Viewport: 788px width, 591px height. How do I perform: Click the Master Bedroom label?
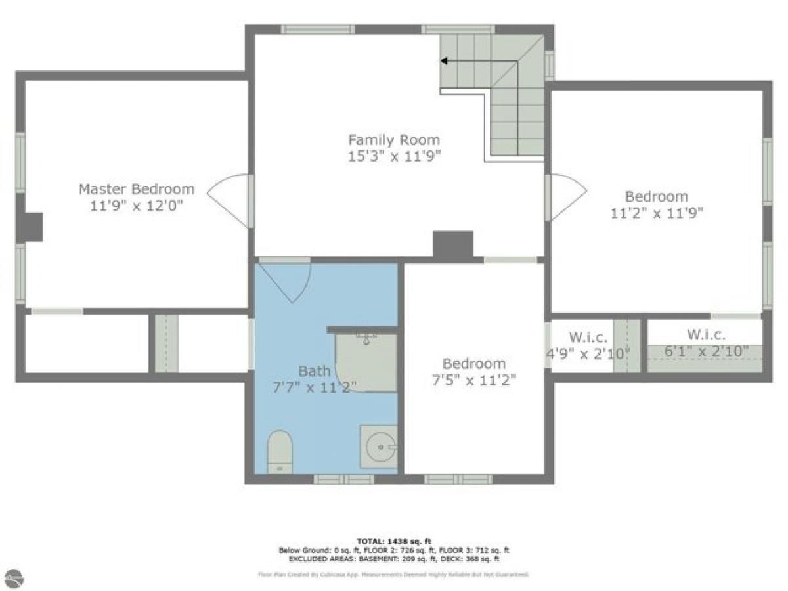(137, 189)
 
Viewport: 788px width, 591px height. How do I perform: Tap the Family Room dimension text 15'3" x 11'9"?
(394, 156)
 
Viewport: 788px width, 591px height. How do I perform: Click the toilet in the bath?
(280, 451)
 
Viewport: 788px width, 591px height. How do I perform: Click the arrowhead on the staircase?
(445, 62)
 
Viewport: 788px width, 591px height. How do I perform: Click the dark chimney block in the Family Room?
(453, 244)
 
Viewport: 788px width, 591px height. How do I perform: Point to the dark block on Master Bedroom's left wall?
(30, 228)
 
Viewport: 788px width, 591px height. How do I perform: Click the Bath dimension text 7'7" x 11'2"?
(315, 387)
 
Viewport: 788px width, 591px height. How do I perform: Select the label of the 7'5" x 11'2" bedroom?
(474, 363)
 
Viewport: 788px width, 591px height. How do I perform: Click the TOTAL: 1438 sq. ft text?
(394, 541)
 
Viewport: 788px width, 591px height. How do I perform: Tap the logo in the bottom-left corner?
(14, 579)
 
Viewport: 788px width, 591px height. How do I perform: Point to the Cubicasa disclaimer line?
(394, 574)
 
